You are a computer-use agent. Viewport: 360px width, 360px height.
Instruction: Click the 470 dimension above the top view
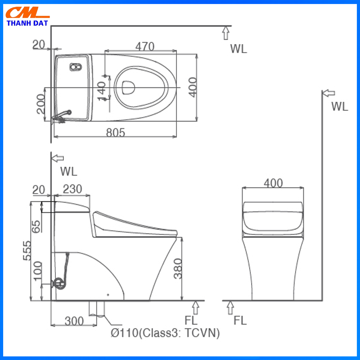coord(144,46)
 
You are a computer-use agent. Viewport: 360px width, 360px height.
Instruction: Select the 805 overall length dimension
coord(115,132)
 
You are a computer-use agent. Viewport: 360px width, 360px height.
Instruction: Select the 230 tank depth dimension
coord(72,189)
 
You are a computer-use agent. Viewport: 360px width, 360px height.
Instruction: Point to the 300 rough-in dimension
coord(74,321)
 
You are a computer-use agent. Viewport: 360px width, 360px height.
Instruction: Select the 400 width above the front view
coord(273,183)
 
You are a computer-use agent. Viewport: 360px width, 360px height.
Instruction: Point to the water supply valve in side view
coord(58,283)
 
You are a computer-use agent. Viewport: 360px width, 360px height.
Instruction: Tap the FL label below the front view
coord(240,320)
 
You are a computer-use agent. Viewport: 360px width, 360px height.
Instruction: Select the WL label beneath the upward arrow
coord(238,49)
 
